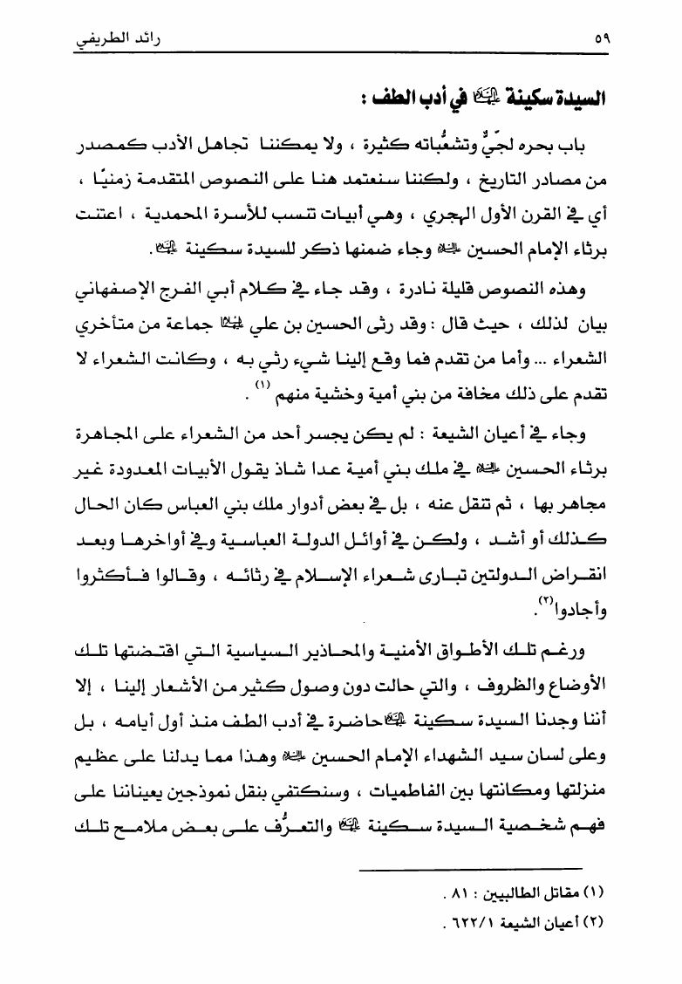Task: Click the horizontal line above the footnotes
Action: tap(470, 868)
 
